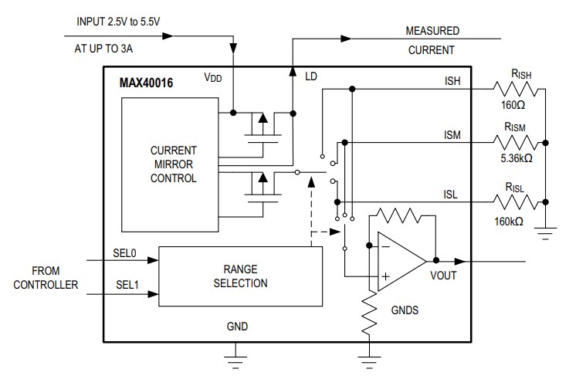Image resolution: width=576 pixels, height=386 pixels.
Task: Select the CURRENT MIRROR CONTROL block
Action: (173, 163)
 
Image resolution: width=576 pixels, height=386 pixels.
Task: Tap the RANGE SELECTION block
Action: (240, 276)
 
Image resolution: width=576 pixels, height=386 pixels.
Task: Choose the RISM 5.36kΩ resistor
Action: (519, 142)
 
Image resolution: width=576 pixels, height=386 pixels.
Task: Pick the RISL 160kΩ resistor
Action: (519, 202)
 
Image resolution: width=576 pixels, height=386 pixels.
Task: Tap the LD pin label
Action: (311, 78)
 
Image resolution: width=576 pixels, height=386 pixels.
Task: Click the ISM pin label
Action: (452, 134)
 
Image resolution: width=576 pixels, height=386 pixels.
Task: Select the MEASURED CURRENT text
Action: (432, 41)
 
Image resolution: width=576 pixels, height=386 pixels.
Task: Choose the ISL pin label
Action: (451, 195)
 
